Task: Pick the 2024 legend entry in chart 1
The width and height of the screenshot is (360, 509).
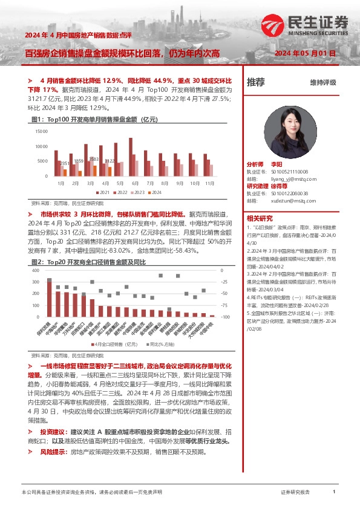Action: (x=154, y=192)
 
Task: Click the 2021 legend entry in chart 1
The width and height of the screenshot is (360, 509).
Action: (x=102, y=192)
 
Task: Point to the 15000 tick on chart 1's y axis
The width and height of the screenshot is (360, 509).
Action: (x=42, y=131)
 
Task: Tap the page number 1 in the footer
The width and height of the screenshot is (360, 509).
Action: (x=334, y=493)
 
